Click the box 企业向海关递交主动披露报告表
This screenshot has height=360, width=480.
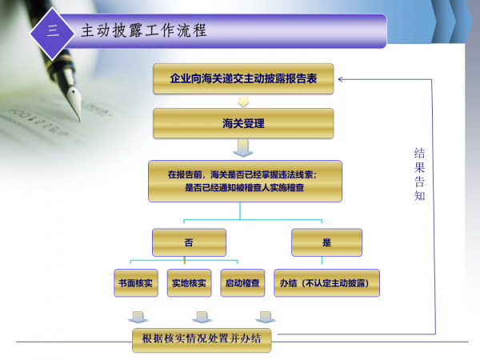pyautogui.click(x=243, y=79)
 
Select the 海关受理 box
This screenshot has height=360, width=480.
pyautogui.click(x=243, y=123)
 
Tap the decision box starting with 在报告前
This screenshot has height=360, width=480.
pyautogui.click(x=244, y=181)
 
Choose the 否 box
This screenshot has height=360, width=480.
pyautogui.click(x=189, y=242)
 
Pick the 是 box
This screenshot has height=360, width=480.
pyautogui.click(x=326, y=242)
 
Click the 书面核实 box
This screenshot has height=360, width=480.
pyautogui.click(x=136, y=283)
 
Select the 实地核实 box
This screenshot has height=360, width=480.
pyautogui.click(x=189, y=283)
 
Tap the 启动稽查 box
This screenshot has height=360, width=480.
pyautogui.click(x=242, y=283)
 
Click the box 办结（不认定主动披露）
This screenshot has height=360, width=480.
pyautogui.click(x=326, y=283)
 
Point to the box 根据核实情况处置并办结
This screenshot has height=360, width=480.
pyautogui.click(x=202, y=339)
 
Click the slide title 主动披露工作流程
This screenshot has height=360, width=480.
pyautogui.click(x=144, y=31)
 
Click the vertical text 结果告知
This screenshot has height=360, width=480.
pyautogui.click(x=419, y=172)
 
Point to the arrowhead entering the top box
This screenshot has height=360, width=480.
pyautogui.click(x=342, y=79)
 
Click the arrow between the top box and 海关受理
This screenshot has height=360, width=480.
pyautogui.click(x=243, y=102)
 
